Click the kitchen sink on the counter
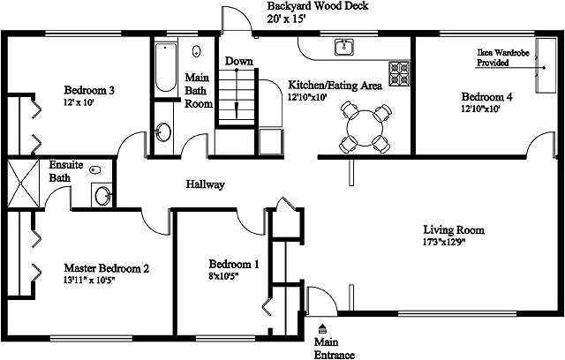344,47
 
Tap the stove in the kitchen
399,73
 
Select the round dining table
365,128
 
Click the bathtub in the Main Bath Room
166,67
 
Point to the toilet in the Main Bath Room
196,50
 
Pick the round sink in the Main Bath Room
163,132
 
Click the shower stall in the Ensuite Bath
23,184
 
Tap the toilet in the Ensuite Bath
94,169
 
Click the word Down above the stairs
239,61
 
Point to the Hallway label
206,184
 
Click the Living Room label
454,229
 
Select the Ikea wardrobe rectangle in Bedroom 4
546,65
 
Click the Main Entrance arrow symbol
322,328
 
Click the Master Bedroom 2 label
107,268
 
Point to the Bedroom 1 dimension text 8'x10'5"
223,276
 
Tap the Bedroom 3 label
89,90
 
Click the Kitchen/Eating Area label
335,86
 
